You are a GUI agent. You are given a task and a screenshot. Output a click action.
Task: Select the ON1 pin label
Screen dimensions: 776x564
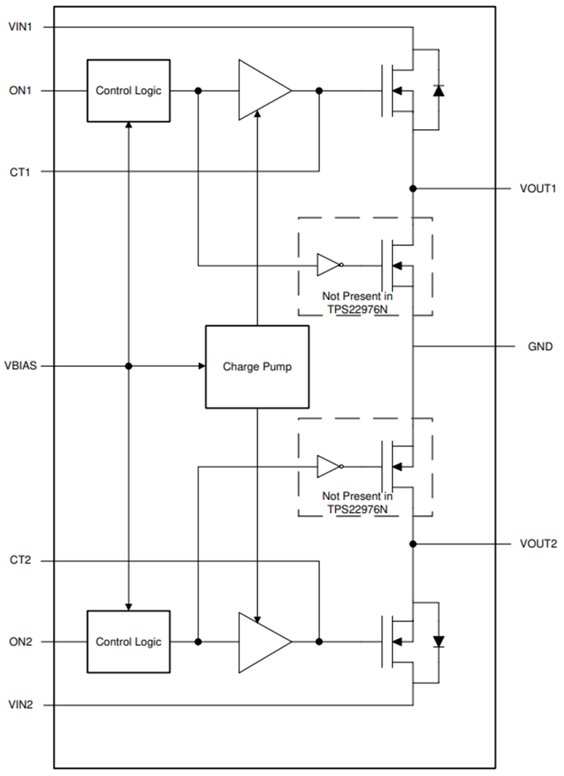(x=19, y=91)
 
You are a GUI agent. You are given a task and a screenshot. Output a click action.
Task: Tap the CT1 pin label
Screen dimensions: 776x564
(x=19, y=171)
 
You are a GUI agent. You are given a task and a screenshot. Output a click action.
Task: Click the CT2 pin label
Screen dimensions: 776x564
(x=19, y=561)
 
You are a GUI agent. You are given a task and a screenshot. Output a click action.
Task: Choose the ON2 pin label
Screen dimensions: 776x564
(x=19, y=642)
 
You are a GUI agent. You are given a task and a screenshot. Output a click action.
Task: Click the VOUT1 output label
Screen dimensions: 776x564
(x=538, y=189)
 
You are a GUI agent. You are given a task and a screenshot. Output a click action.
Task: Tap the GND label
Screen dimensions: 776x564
(x=540, y=347)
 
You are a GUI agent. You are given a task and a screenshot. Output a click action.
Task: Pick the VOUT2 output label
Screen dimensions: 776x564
(x=538, y=544)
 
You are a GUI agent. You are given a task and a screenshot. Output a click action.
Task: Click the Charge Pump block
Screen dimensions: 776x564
(x=257, y=367)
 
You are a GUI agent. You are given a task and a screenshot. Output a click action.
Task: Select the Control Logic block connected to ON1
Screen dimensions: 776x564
(x=128, y=91)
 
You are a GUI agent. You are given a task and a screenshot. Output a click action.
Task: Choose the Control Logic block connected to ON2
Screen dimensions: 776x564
(x=128, y=642)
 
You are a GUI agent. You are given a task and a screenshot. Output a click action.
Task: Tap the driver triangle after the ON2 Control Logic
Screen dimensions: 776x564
(x=263, y=642)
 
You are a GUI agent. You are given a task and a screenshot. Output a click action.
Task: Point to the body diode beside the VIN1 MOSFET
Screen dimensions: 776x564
(x=438, y=90)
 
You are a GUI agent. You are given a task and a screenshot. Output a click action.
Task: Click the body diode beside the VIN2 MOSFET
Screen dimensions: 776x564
(x=438, y=641)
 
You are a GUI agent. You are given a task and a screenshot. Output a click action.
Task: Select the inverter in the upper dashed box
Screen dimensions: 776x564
(x=330, y=265)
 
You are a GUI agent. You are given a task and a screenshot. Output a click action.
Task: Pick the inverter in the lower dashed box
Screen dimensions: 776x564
(x=330, y=466)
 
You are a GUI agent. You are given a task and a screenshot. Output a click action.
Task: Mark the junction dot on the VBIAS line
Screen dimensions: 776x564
(x=128, y=367)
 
